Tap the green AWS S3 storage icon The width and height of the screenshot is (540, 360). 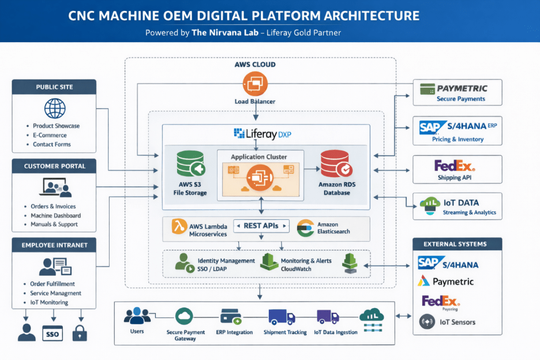click(x=190, y=164)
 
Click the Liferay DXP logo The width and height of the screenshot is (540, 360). click(x=262, y=134)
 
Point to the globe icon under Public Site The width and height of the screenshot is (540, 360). click(x=55, y=108)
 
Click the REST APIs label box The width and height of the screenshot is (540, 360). click(x=261, y=226)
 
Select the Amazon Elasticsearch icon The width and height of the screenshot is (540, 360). click(x=305, y=228)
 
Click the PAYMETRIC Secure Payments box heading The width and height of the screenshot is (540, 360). click(x=462, y=88)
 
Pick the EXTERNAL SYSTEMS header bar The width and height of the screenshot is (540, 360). click(x=457, y=244)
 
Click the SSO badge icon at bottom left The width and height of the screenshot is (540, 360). click(x=52, y=333)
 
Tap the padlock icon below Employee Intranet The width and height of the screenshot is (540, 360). click(x=80, y=333)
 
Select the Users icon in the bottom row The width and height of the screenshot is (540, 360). click(x=137, y=316)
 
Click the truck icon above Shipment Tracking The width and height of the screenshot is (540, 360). click(x=282, y=317)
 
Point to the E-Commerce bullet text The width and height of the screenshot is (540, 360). click(x=50, y=135)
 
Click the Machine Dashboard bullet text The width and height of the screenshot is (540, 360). click(x=53, y=215)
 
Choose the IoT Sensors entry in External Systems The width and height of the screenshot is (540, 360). click(x=457, y=321)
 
